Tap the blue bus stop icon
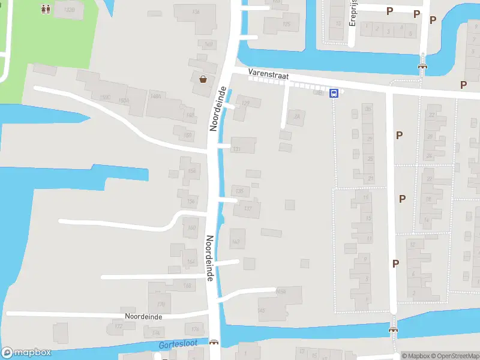(334, 93)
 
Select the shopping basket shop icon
(203, 78)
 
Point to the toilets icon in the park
(46, 9)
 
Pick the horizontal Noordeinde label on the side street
(143, 316)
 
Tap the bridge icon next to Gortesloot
(214, 343)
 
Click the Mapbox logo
(26, 353)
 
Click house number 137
(248, 208)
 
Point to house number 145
(260, 310)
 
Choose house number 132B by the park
(69, 10)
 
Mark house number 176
(194, 329)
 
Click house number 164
(191, 262)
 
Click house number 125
(286, 24)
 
